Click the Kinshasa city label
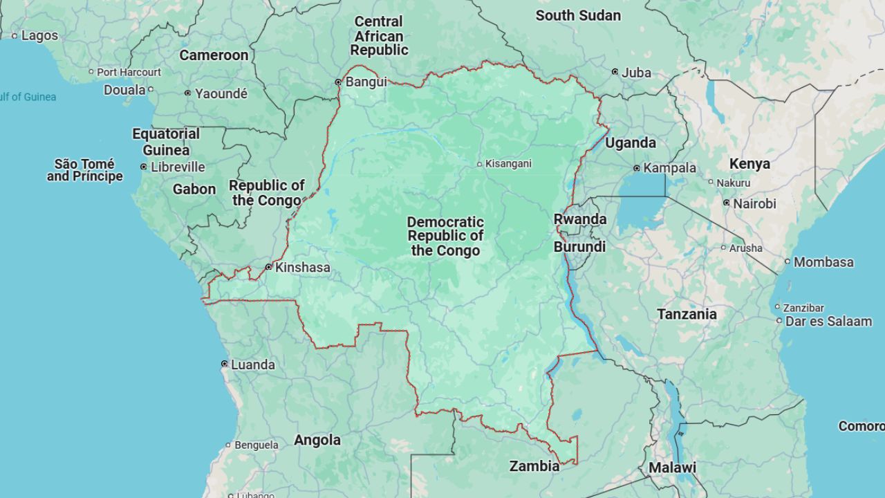302,268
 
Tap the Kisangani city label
508,164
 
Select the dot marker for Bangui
338,82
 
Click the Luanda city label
252,365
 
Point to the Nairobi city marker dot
726,203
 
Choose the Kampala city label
669,168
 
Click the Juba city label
636,73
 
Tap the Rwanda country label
580,219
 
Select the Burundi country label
579,247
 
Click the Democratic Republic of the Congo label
445,237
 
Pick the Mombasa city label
823,262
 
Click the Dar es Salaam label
828,322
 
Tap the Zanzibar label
803,308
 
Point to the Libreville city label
178,167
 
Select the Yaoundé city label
221,93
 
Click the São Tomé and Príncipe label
84,170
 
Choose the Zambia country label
534,466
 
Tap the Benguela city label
256,445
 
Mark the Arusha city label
746,248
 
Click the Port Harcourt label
129,72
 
